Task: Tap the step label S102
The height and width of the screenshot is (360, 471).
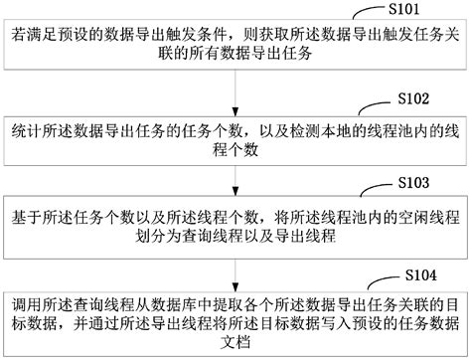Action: point(412,99)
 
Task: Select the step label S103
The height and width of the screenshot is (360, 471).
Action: point(411,185)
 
